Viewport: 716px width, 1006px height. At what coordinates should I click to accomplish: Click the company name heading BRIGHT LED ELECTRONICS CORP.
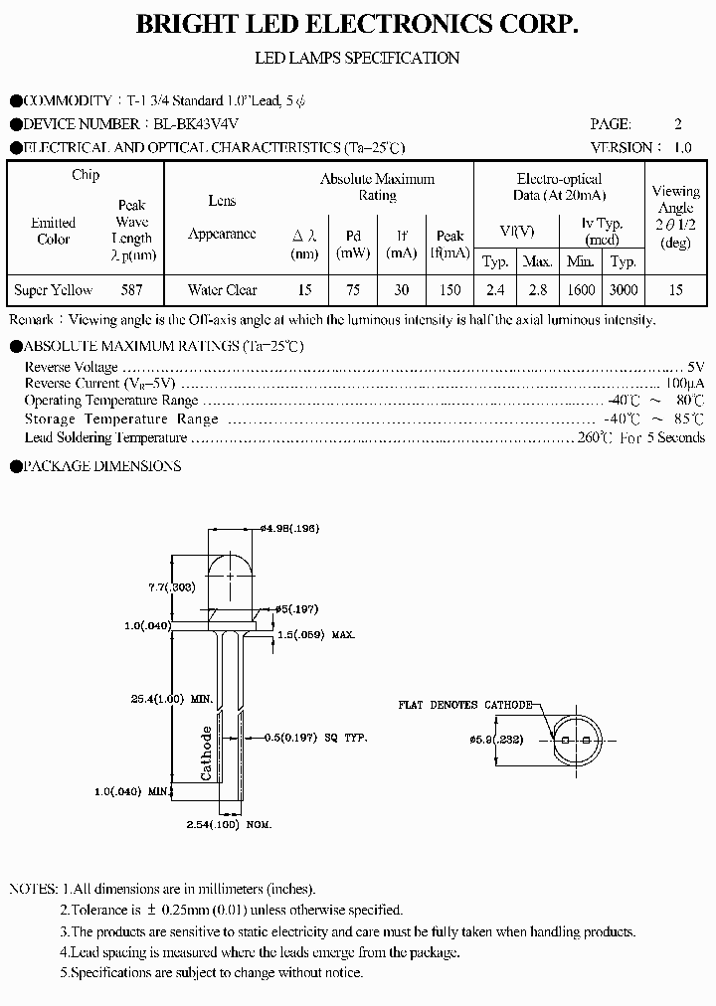(x=357, y=26)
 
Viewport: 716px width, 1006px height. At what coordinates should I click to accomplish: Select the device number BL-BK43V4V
(x=198, y=124)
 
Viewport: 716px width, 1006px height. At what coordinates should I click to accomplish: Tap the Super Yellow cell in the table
(x=54, y=290)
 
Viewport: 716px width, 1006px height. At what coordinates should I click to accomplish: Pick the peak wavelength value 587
(x=131, y=290)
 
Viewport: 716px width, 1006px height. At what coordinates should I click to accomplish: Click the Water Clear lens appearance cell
(x=222, y=290)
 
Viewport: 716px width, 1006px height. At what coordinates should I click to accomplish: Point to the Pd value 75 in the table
(x=353, y=290)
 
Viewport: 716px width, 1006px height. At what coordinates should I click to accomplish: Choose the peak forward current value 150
(x=449, y=290)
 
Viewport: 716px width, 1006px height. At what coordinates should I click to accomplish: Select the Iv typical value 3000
(x=624, y=290)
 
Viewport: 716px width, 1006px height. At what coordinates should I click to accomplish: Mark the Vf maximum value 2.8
(x=537, y=290)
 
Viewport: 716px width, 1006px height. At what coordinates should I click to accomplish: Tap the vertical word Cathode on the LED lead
(x=207, y=753)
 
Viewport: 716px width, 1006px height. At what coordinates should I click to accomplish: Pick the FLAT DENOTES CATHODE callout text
(x=464, y=704)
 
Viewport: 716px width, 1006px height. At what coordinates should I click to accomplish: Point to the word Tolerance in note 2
(x=102, y=910)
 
